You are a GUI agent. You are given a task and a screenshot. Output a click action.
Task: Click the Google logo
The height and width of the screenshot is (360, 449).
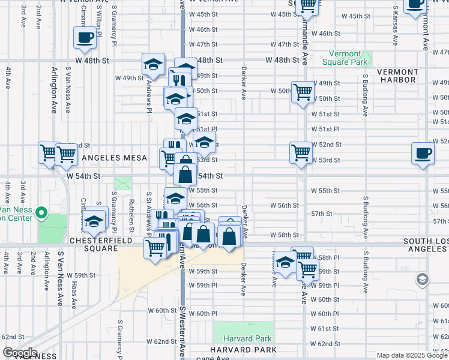[19, 353]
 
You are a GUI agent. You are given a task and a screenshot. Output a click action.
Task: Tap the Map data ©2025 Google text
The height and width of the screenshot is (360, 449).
[412, 355]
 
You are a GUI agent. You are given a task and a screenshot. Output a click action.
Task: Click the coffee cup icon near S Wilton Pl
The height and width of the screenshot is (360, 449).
[84, 38]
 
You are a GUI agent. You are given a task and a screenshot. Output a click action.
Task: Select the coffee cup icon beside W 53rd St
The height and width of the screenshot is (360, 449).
[423, 154]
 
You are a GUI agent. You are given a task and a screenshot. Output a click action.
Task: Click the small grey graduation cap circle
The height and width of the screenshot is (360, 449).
[423, 279]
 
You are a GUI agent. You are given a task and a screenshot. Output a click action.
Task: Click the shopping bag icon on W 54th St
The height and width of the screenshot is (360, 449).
[185, 175]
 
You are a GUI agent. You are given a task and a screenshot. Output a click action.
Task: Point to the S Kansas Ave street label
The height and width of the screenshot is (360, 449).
[396, 27]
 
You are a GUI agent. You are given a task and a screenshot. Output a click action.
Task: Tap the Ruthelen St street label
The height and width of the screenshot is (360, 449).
[131, 207]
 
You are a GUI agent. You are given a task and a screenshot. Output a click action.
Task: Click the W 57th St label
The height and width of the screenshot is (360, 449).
[322, 214]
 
